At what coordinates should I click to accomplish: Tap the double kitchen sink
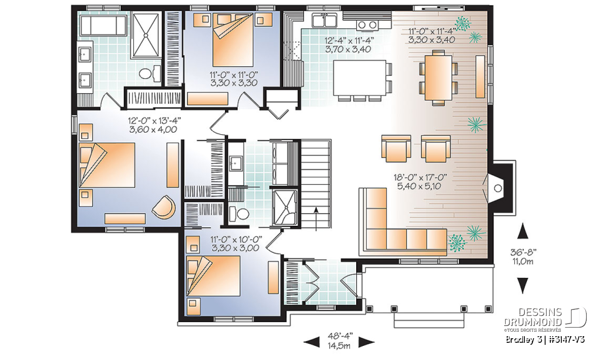(x=325, y=20)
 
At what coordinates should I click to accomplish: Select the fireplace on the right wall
(x=494, y=188)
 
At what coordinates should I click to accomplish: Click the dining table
(x=438, y=77)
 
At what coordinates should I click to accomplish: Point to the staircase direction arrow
(x=316, y=219)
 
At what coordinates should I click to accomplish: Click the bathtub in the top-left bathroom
(x=103, y=25)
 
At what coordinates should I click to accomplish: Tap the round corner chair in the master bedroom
(x=164, y=207)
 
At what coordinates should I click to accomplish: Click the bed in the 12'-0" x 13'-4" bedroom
(x=107, y=165)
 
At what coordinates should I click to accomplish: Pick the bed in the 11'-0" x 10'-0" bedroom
(x=213, y=276)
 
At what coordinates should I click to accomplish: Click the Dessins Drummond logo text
(x=533, y=317)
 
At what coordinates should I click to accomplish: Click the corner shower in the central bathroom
(x=285, y=208)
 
